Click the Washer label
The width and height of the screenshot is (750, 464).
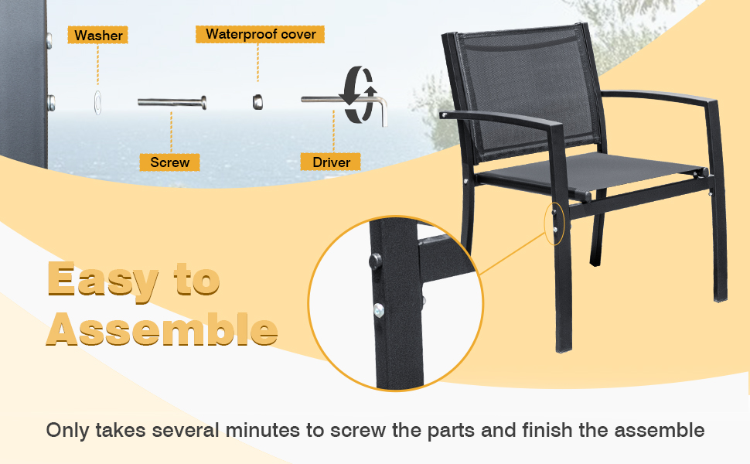pyautogui.click(x=98, y=36)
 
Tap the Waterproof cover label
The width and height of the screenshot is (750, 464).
pyautogui.click(x=260, y=34)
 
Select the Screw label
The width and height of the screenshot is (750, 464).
pyautogui.click(x=169, y=162)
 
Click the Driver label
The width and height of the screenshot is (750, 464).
pyautogui.click(x=331, y=162)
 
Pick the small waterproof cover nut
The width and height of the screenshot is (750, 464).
pyautogui.click(x=257, y=101)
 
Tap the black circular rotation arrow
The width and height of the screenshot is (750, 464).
pyautogui.click(x=358, y=94)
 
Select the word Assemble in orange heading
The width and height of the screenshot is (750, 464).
pyautogui.click(x=162, y=331)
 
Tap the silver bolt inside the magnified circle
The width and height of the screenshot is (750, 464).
pyautogui.click(x=378, y=310)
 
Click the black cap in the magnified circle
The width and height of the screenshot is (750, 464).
pyautogui.click(x=374, y=261)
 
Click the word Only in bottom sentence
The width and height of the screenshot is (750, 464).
pyautogui.click(x=67, y=431)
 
